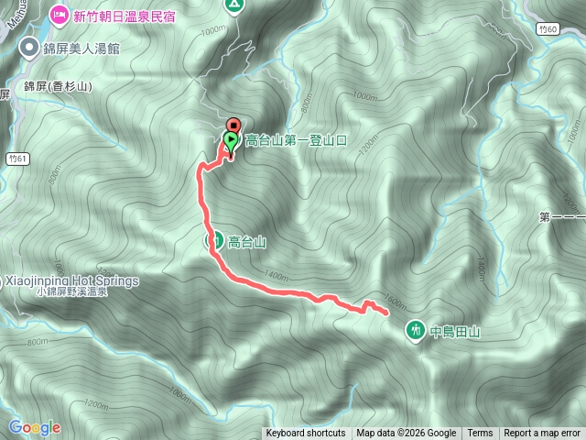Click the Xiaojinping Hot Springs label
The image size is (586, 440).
coord(70,280)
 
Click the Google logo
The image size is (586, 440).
coord(34,427)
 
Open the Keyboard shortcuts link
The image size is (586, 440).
coord(306,434)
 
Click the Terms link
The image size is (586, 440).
coord(480,434)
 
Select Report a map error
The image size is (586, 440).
coord(542,434)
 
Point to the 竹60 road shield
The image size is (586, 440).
coord(548,30)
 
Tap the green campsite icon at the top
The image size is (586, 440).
coord(234,5)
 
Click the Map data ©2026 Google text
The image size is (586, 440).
coord(406,434)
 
